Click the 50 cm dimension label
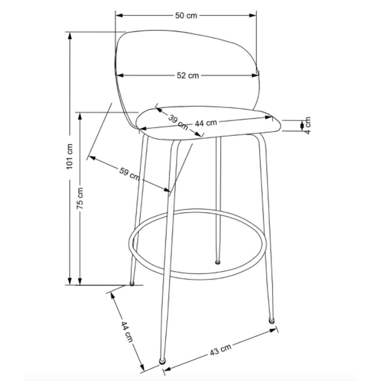click(x=186, y=15)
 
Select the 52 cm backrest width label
click(x=188, y=76)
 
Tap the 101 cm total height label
click(x=70, y=157)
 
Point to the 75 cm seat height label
click(x=80, y=198)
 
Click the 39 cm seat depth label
click(x=178, y=122)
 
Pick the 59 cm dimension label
click(x=129, y=174)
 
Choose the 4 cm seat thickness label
click(x=308, y=125)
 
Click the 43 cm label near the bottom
click(x=220, y=350)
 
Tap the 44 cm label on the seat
click(x=206, y=123)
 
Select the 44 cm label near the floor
click(x=127, y=332)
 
